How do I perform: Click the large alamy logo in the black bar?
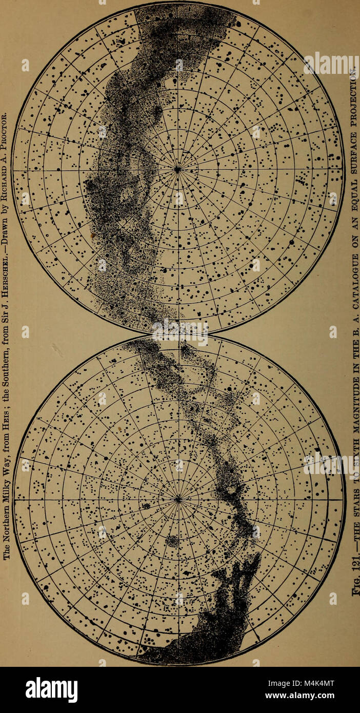(x=51, y=689)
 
